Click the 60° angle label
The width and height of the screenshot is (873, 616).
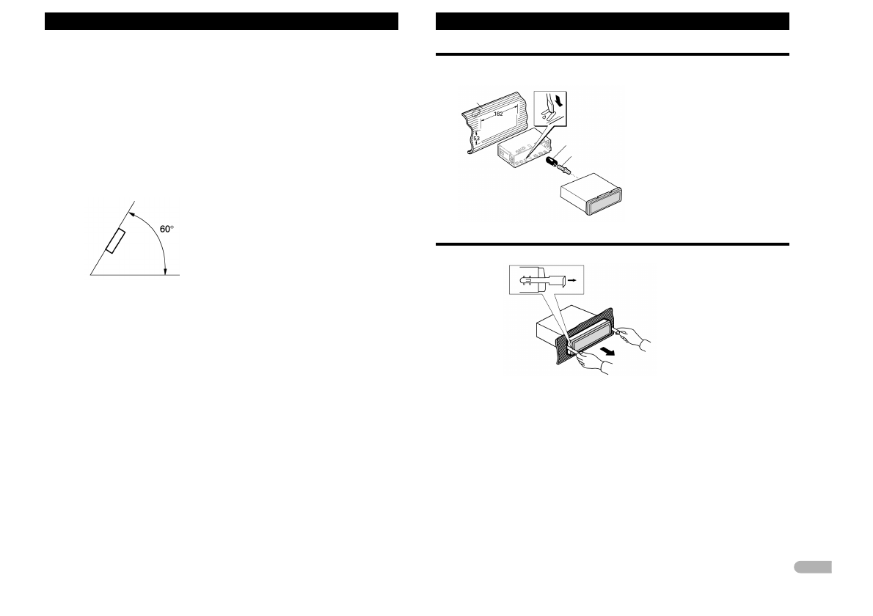point(167,229)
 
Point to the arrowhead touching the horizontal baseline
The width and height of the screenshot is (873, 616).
point(166,271)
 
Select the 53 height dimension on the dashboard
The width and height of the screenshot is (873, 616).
point(476,138)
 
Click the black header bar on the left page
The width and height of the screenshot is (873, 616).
point(222,21)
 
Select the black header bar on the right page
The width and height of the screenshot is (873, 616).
point(612,21)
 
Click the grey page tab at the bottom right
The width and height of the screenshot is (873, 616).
point(812,567)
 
